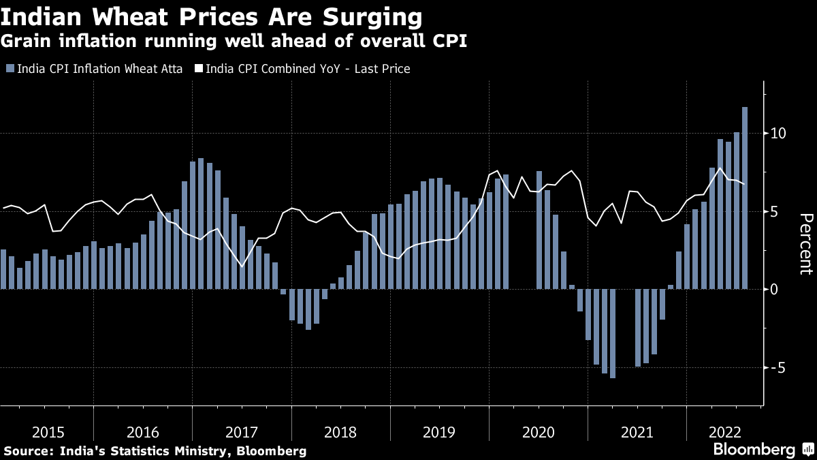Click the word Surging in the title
tap(359, 16)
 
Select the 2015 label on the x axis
tap(48, 432)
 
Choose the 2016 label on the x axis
tap(143, 432)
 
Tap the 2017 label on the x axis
tap(241, 432)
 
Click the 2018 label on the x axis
tap(340, 432)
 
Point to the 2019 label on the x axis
tap(439, 432)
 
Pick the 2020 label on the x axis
tap(538, 432)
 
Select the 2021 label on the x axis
tap(637, 432)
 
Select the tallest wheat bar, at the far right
tap(745, 198)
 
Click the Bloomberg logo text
tap(754, 450)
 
